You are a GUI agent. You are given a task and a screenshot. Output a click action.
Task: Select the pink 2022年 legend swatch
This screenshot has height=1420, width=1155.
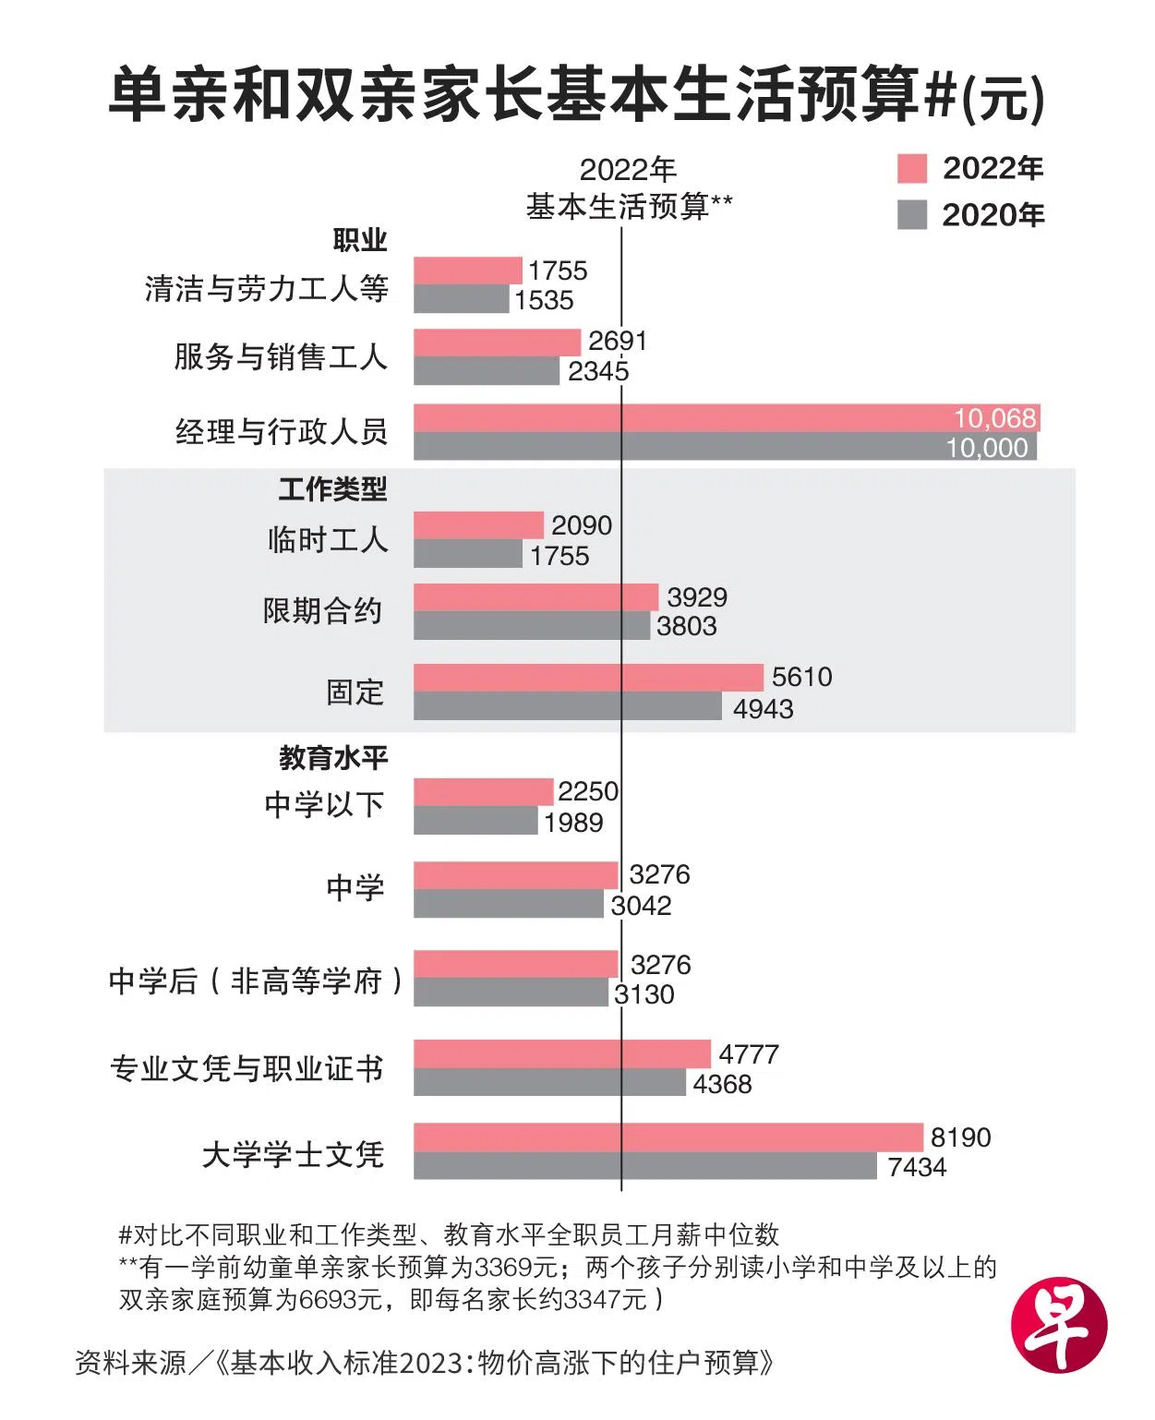coord(911,169)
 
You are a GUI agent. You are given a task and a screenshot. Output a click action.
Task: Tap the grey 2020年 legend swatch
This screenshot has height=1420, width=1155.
coord(911,215)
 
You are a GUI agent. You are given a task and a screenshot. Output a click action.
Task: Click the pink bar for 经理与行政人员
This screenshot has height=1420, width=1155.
coord(726,418)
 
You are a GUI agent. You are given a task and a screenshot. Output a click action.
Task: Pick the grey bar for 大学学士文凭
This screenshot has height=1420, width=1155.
coord(644,1165)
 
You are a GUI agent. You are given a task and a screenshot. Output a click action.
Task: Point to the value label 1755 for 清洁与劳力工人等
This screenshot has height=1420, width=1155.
coord(558,271)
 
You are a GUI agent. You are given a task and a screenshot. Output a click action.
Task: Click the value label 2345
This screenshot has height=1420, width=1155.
coord(598,371)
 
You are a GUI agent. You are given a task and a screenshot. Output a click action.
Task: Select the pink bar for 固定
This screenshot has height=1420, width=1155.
coord(588,678)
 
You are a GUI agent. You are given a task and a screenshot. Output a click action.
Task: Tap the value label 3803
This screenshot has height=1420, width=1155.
coord(686,626)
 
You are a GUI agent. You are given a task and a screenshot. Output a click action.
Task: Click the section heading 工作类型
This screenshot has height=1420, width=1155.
coord(332,489)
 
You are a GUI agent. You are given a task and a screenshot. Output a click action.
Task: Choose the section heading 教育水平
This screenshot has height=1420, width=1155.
coord(333,758)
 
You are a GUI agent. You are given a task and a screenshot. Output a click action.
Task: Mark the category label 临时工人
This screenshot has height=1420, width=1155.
coord(327,539)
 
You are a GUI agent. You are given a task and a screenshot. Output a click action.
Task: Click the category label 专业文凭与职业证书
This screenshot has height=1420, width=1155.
coord(247,1068)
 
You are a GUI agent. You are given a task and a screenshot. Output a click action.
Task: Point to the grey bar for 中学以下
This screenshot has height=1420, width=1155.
coord(475,821)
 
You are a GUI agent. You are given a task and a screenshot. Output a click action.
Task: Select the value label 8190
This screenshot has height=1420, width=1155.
coord(960,1137)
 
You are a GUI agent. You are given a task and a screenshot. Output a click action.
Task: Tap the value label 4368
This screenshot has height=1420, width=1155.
coord(722,1083)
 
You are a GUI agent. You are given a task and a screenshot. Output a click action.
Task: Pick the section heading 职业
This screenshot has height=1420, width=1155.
coord(360,241)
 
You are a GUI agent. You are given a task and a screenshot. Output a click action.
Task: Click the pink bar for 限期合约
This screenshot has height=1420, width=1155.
coord(535,597)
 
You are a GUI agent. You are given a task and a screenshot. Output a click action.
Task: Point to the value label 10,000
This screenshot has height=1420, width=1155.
coord(986,448)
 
